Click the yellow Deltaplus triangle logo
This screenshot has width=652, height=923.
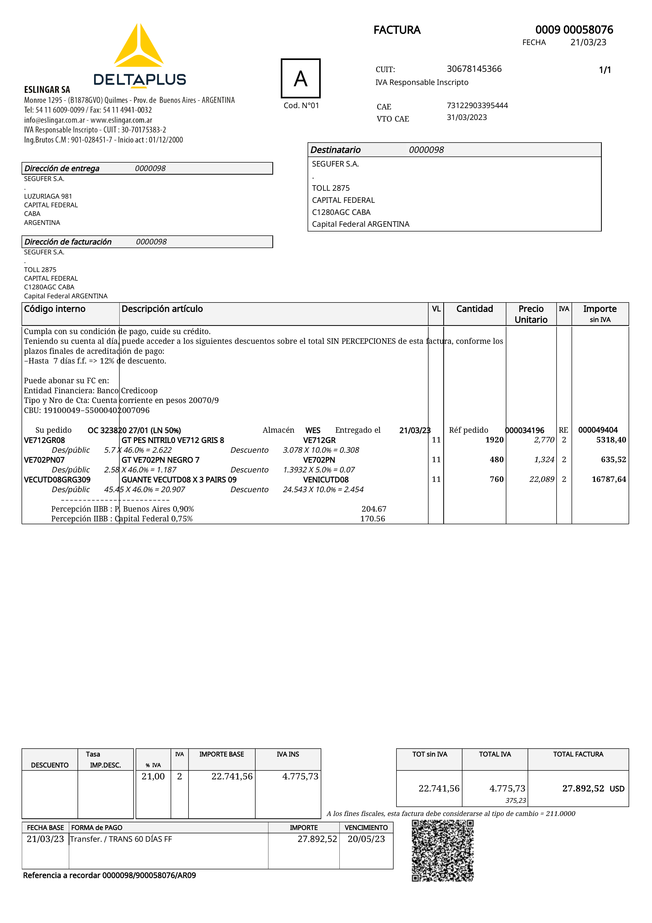click(139, 46)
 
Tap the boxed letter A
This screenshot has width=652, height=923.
click(300, 78)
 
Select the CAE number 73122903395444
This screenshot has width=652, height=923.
click(477, 105)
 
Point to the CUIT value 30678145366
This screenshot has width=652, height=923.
click(474, 69)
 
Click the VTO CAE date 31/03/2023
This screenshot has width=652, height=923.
click(467, 117)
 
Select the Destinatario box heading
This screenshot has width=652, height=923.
click(335, 150)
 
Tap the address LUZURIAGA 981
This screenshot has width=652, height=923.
click(48, 196)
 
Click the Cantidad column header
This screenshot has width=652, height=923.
click(475, 309)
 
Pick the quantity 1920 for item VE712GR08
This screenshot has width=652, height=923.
click(494, 440)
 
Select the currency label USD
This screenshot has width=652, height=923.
click(617, 789)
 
